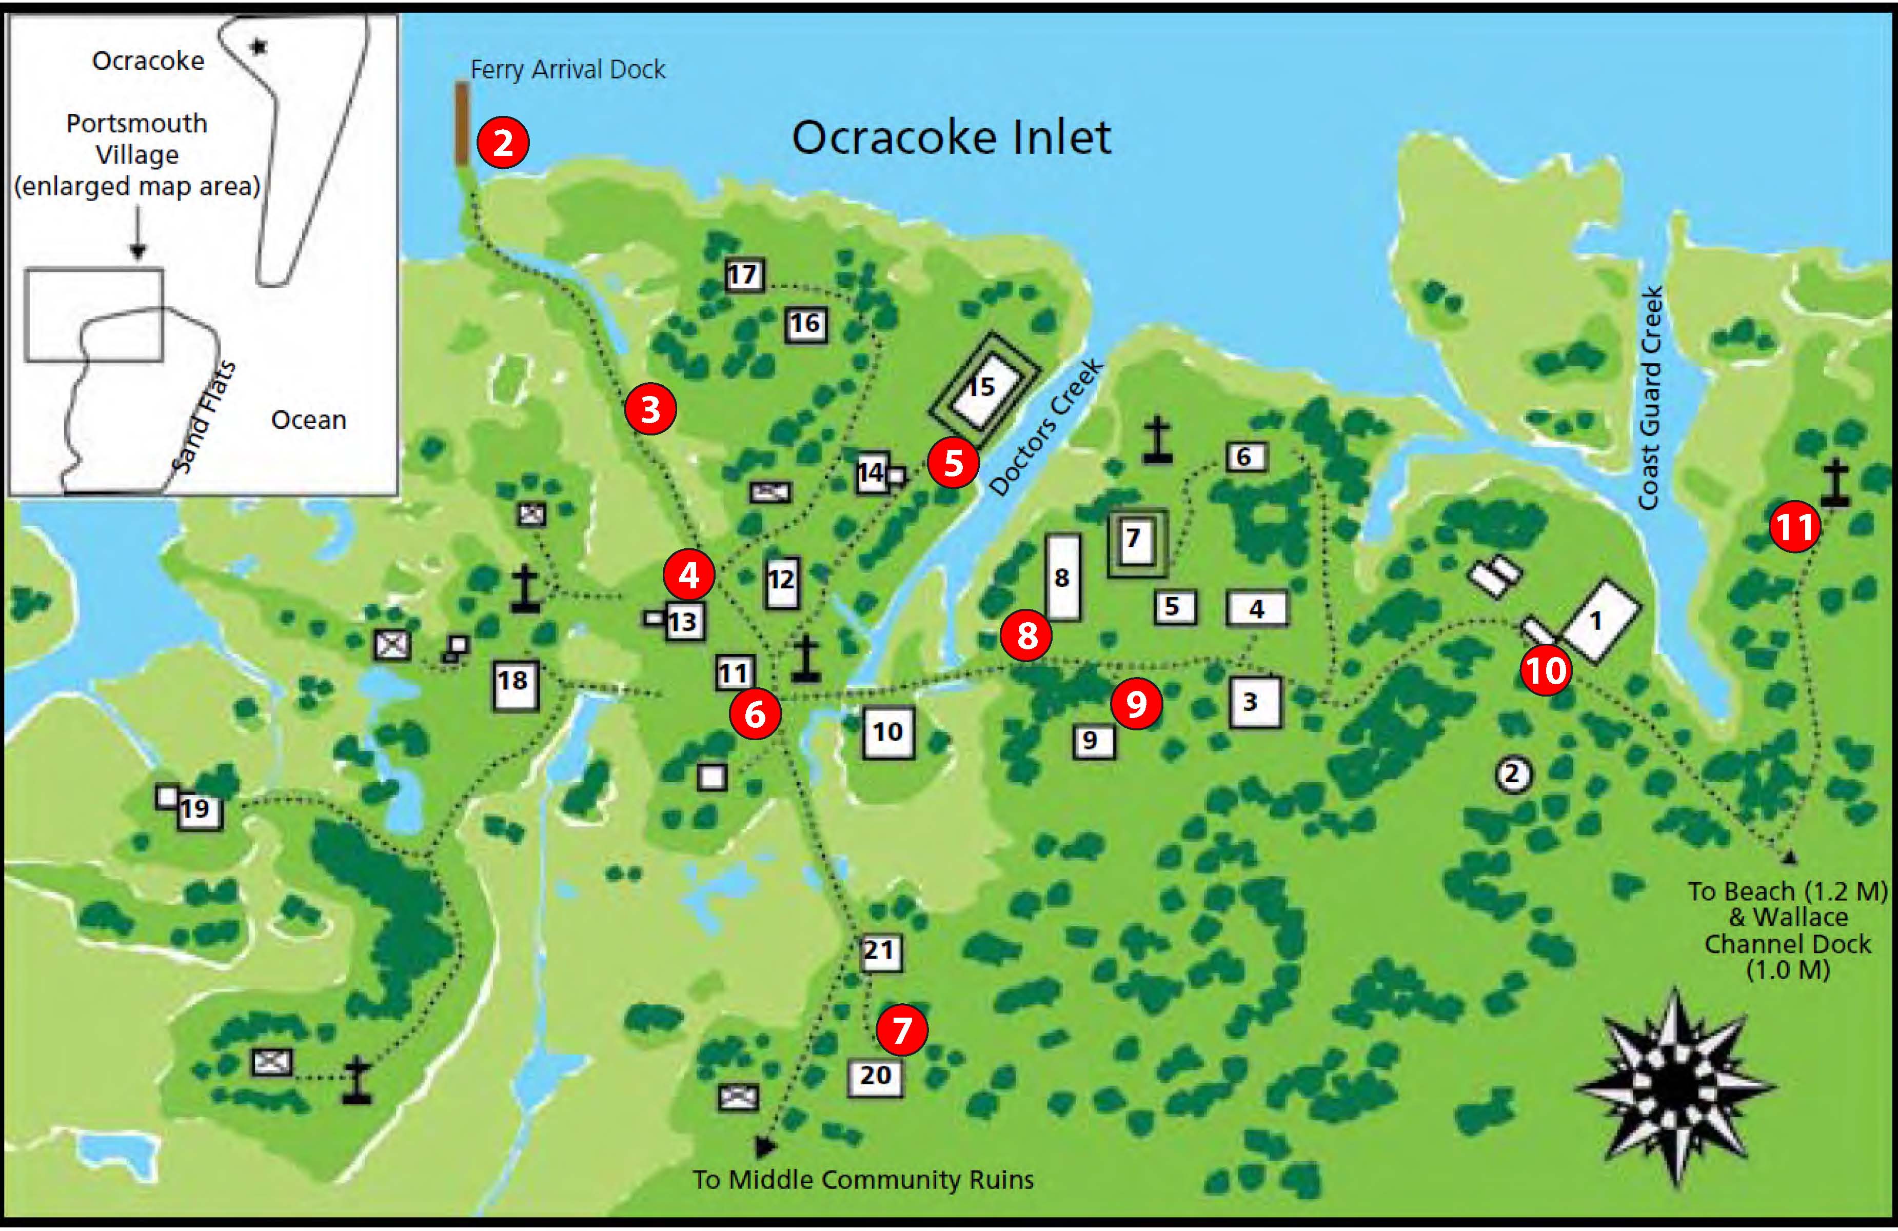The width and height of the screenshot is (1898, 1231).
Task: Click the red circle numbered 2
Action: pos(502,143)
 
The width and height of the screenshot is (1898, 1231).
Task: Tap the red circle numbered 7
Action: pos(901,1029)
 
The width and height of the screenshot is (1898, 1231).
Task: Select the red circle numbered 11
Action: pos(1794,527)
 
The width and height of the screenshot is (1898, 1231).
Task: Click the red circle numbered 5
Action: pos(953,463)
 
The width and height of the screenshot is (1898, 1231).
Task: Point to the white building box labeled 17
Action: pos(743,275)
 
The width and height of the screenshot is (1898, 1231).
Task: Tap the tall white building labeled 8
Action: pos(1063,577)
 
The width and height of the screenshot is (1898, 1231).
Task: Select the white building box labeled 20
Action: pos(875,1076)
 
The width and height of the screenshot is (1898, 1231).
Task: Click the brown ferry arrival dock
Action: pos(462,124)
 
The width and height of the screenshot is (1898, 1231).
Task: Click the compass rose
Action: pos(1675,1086)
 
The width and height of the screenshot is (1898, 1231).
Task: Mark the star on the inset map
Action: pos(258,46)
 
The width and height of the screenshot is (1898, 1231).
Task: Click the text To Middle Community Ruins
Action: pos(862,1179)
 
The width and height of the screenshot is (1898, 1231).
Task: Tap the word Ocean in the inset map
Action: pos(309,420)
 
